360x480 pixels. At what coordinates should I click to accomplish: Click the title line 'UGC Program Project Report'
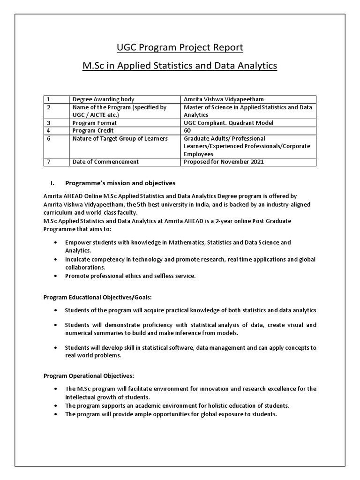coord(180,48)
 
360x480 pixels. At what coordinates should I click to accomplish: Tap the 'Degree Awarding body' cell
coord(103,99)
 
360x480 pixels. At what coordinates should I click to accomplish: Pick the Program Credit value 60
coord(187,130)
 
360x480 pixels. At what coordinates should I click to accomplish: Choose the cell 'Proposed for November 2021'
coord(224,162)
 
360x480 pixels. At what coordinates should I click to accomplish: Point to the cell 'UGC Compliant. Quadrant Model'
coord(228,122)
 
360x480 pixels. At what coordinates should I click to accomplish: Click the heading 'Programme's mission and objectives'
coord(120,183)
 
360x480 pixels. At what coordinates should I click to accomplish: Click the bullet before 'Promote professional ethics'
coord(56,276)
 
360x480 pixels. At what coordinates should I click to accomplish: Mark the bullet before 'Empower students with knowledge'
coord(56,242)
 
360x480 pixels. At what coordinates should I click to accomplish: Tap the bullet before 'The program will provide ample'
coord(56,415)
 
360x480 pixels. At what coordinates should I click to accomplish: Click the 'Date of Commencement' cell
coord(105,162)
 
